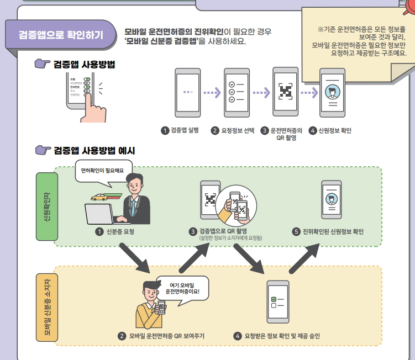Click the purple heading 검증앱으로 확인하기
(60, 34)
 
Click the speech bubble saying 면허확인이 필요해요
(103, 171)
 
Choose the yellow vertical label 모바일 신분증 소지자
(47, 306)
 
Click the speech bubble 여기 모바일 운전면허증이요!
(182, 288)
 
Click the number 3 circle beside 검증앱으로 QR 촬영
(193, 231)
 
